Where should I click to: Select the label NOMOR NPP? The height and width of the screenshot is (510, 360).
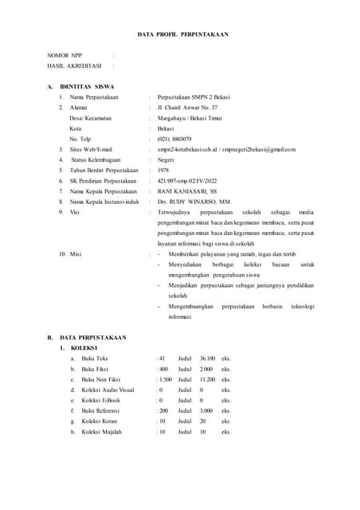point(65,56)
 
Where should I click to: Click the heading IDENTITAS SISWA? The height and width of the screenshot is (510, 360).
point(87,86)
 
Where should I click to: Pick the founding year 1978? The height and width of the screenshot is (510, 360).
point(163,170)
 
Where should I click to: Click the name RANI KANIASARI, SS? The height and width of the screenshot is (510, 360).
point(191,191)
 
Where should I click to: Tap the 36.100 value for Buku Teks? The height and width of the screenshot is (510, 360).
point(207,359)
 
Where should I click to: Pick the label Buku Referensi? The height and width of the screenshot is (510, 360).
point(100,410)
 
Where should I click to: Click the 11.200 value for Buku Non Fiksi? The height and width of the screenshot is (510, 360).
point(207,379)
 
